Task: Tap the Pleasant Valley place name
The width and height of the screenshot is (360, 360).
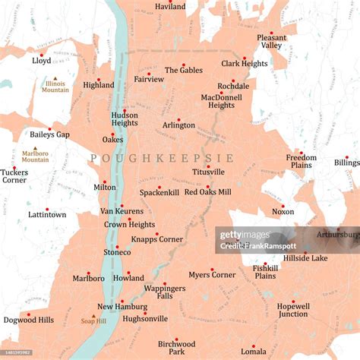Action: point(271,41)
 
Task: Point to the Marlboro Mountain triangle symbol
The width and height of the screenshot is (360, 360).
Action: point(34,149)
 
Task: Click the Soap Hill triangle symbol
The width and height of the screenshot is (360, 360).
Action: point(94,315)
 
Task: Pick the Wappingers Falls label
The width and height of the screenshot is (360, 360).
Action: point(164,292)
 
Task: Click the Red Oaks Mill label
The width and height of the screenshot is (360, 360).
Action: point(207,192)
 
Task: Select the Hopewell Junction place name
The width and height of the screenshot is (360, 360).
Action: point(292,309)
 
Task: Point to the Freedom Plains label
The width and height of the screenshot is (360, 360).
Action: point(302,161)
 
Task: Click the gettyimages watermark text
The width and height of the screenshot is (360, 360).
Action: point(245,235)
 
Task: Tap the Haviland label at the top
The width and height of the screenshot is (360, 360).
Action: point(170,6)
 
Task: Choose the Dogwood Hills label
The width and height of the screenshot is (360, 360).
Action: point(29,321)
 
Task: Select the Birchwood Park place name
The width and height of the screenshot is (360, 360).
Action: point(176,347)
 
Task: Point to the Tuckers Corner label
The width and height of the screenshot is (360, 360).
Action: point(14,176)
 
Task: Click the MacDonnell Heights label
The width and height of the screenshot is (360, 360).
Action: point(222,101)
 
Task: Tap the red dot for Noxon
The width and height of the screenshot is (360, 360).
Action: point(283,206)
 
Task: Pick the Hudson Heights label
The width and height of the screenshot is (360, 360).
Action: point(125,118)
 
